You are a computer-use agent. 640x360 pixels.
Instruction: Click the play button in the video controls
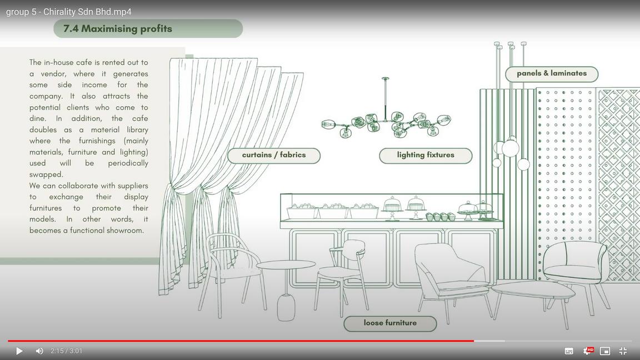pyautogui.click(x=19, y=351)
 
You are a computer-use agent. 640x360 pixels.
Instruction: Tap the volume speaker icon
pyautogui.click(x=39, y=351)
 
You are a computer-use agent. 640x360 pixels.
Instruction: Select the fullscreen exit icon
pyautogui.click(x=623, y=351)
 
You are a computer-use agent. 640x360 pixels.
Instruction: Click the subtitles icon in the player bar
pyautogui.click(x=569, y=351)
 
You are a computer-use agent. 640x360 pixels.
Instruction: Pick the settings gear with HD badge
pyautogui.click(x=587, y=351)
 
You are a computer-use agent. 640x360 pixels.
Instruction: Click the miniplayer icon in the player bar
pyautogui.click(x=605, y=351)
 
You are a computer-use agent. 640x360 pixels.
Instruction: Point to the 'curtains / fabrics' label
pyautogui.click(x=274, y=156)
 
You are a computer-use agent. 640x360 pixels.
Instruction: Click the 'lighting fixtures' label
pyautogui.click(x=426, y=156)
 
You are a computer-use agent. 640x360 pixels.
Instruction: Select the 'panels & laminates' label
pyautogui.click(x=551, y=74)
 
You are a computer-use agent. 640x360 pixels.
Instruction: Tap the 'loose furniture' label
pyautogui.click(x=390, y=323)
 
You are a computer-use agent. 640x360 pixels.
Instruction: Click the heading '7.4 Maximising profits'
pyautogui.click(x=118, y=29)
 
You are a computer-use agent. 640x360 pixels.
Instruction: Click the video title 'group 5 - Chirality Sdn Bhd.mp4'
pyautogui.click(x=69, y=12)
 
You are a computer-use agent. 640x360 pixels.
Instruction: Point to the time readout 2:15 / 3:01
pyautogui.click(x=66, y=351)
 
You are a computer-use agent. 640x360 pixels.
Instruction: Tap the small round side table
pyautogui.click(x=286, y=266)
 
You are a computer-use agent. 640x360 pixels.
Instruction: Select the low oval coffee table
pyautogui.click(x=533, y=289)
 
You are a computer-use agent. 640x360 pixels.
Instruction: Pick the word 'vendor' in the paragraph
pyautogui.click(x=54, y=74)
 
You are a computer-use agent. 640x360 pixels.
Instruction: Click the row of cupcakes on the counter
pyautogui.click(x=441, y=216)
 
